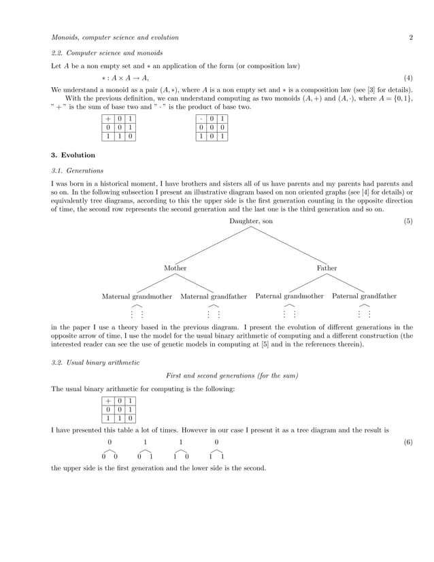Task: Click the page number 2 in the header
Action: pos(411,37)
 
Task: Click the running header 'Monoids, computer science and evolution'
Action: pos(115,37)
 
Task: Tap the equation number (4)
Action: pos(408,79)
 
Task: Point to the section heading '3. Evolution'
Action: pos(73,155)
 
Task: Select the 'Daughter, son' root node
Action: pos(252,221)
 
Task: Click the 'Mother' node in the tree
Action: pos(175,268)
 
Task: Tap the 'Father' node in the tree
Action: pos(327,268)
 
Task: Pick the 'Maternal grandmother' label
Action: pos(137,297)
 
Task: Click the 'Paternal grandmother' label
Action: pos(289,297)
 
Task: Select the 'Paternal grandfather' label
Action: pos(364,297)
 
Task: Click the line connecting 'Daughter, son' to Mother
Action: pos(213,245)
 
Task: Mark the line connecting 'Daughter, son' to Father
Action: pos(289,245)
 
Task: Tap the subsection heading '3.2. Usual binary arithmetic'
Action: pos(95,363)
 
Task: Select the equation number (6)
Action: pos(408,442)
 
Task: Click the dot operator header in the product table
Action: pos(203,118)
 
